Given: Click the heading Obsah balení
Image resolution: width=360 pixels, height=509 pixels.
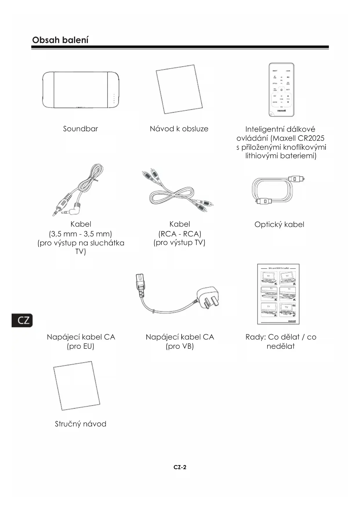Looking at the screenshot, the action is [x=60, y=40].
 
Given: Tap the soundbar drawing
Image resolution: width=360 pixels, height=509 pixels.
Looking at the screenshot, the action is [x=81, y=90].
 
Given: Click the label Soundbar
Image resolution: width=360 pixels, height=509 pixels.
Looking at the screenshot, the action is [x=81, y=129].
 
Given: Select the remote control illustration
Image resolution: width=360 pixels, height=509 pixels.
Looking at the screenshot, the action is [x=281, y=90].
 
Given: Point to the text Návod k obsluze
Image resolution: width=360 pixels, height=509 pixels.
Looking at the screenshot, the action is [x=179, y=129].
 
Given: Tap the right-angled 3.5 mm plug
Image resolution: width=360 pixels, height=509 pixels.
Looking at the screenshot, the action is [x=75, y=209].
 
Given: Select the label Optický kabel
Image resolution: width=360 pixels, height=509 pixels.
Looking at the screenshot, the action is [x=279, y=224].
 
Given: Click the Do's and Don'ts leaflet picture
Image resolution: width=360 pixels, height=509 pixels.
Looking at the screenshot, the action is [x=278, y=294].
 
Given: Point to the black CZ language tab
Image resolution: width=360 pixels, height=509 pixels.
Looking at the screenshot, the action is [x=22, y=320].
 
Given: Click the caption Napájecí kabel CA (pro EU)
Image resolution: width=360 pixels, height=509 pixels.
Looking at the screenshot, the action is [x=81, y=341].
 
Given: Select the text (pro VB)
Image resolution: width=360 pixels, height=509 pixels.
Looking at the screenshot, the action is [x=180, y=346].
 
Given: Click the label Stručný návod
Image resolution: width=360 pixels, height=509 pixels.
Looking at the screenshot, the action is [x=81, y=424].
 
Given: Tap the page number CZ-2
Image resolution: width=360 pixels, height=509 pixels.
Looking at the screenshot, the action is [x=180, y=467].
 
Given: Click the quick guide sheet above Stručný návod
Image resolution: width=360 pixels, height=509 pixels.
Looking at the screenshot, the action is [x=77, y=386].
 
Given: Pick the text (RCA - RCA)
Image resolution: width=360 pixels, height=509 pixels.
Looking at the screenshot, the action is [x=180, y=234].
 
